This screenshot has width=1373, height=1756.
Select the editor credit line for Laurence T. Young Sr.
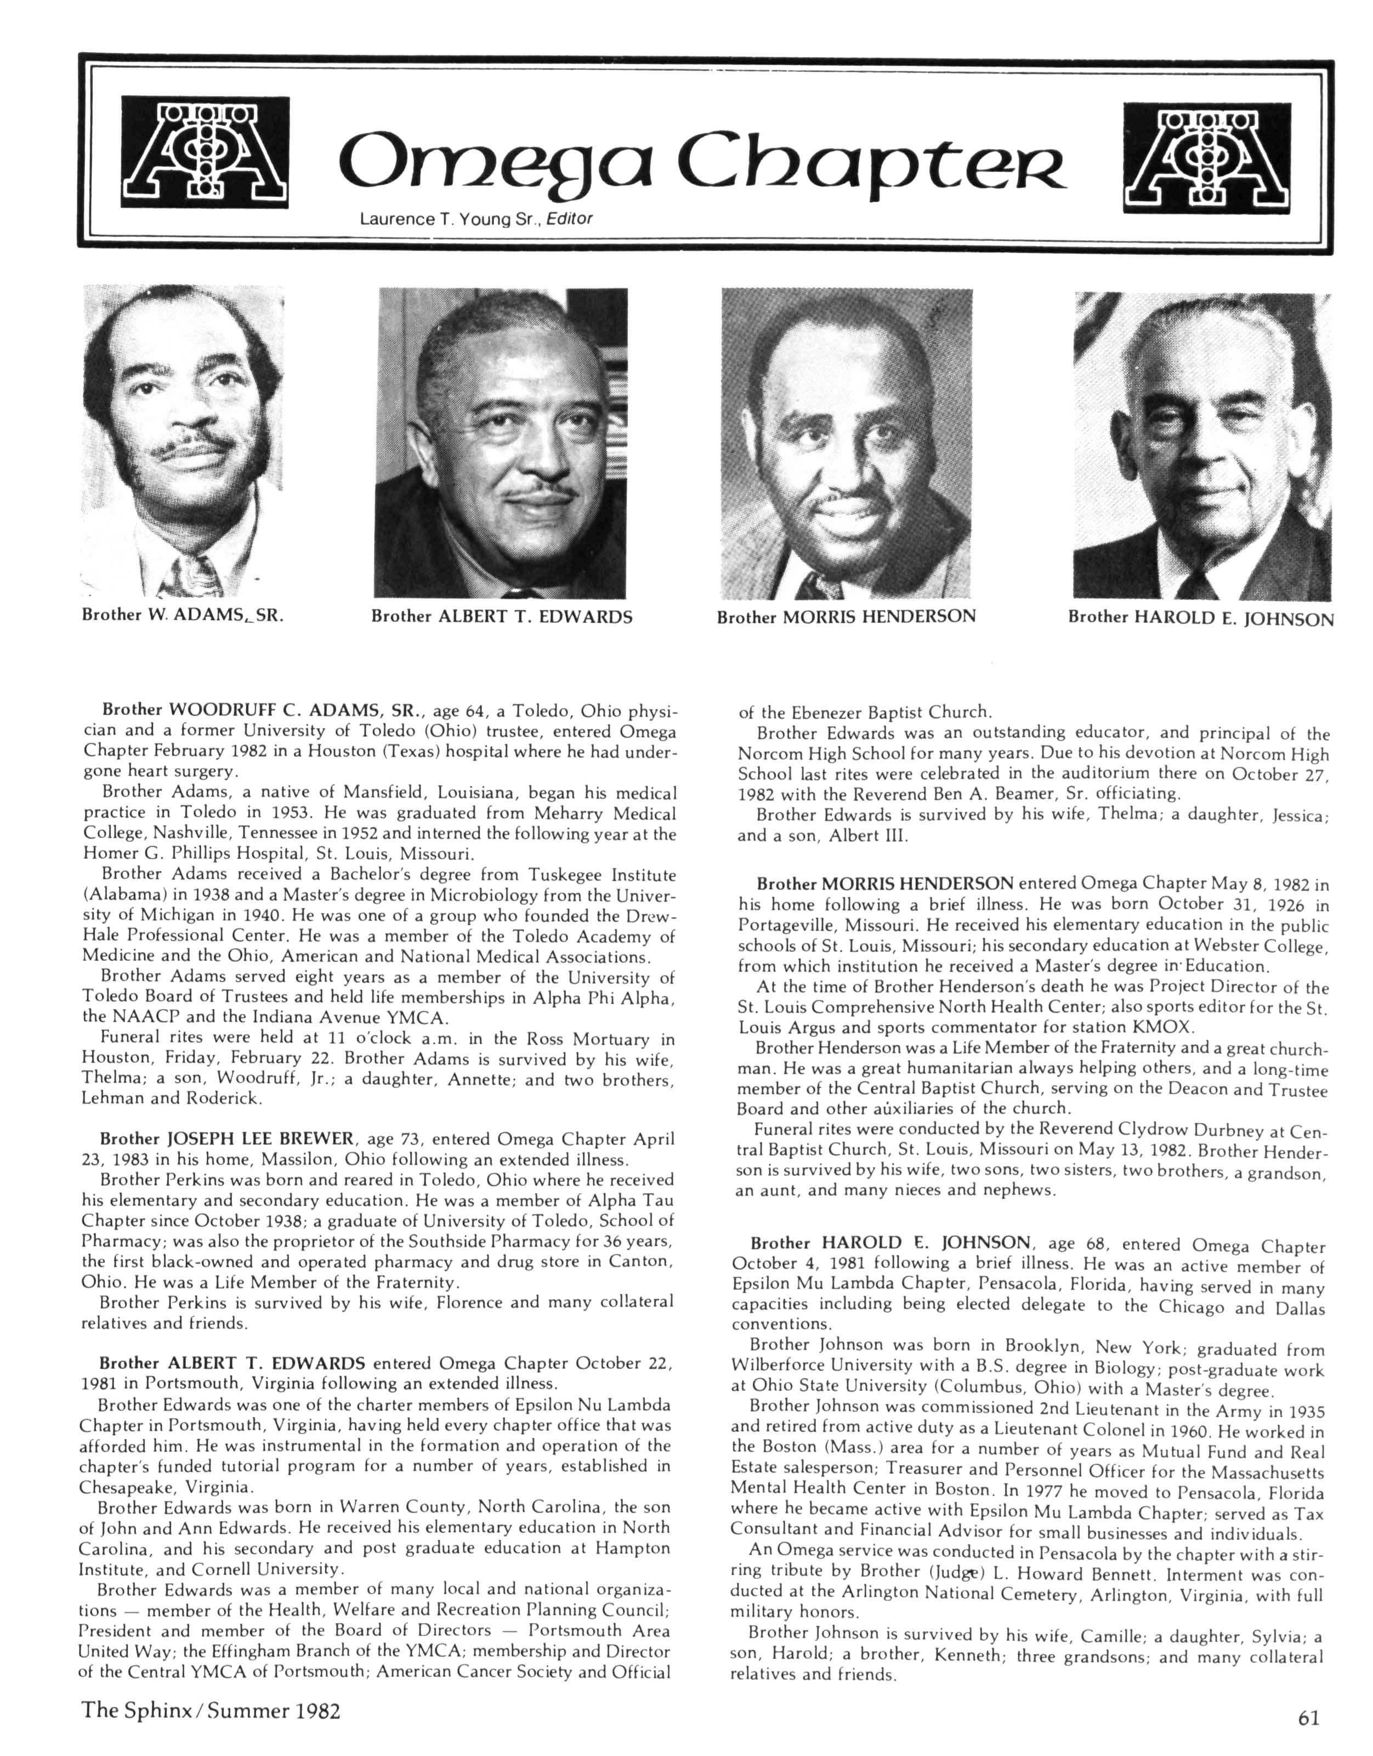(x=476, y=219)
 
